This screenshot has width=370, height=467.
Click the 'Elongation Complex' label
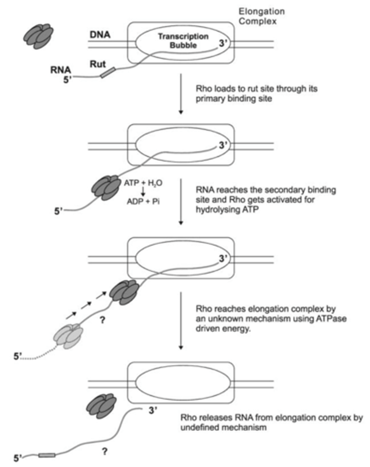[x=261, y=16]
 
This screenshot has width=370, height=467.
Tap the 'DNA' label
[x=99, y=35]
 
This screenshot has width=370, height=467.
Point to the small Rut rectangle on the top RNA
[x=108, y=73]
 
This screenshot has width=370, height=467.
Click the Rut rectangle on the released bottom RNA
[x=47, y=455]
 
